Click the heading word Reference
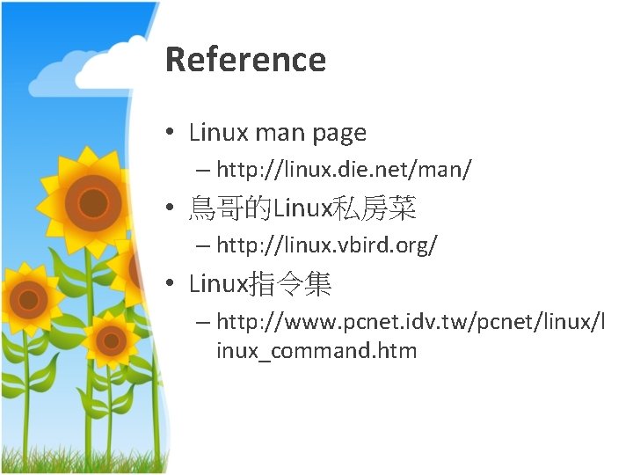[x=245, y=60]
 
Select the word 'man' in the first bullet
[x=280, y=133]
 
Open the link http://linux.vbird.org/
[x=327, y=245]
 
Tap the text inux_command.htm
[x=316, y=351]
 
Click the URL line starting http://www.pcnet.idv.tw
[x=411, y=323]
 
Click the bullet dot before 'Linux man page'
[x=172, y=134]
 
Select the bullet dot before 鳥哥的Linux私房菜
[x=172, y=209]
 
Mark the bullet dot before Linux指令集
[x=172, y=285]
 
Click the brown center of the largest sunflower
[x=91, y=202]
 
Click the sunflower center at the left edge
[x=28, y=299]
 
